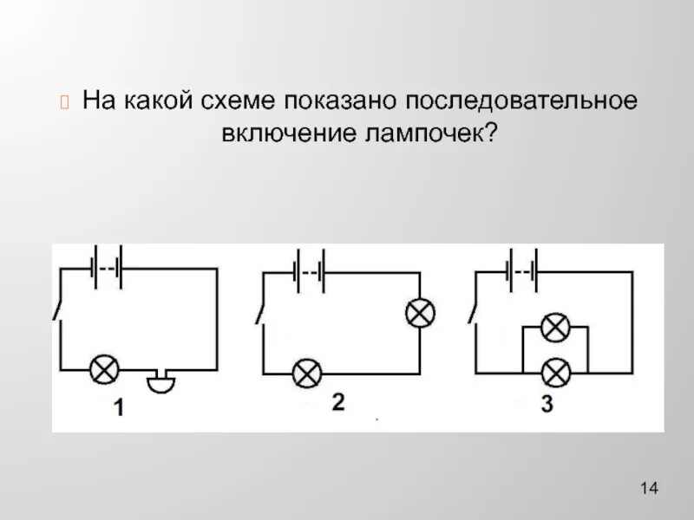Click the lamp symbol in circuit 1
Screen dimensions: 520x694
click(106, 371)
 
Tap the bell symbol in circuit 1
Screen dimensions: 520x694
click(160, 381)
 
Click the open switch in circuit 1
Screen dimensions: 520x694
click(58, 309)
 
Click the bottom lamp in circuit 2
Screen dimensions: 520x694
click(305, 374)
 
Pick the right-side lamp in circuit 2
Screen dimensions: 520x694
click(420, 314)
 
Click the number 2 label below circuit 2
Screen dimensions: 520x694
click(337, 402)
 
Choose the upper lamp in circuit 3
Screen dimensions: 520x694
click(553, 328)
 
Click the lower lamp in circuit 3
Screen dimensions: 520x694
click(553, 373)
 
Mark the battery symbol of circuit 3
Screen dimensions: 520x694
click(523, 269)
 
